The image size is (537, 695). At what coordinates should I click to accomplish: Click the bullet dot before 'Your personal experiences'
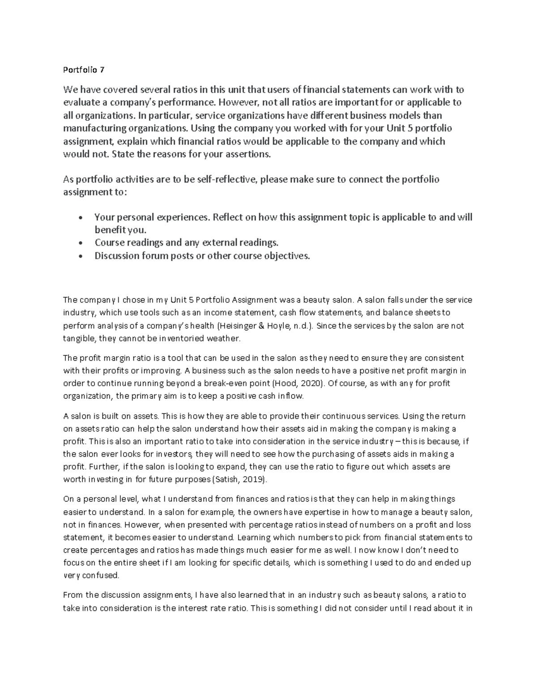(80, 218)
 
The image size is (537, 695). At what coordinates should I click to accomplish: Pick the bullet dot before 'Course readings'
(80, 243)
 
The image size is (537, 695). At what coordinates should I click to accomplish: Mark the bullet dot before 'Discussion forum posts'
(80, 256)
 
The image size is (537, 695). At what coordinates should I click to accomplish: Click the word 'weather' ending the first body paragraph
(224, 338)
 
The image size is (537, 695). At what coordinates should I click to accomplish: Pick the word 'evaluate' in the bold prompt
(81, 102)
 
